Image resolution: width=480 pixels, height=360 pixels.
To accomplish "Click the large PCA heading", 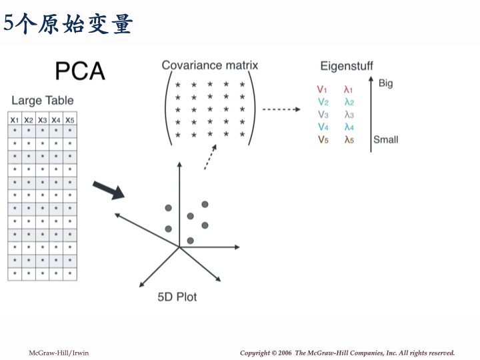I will [x=80, y=71].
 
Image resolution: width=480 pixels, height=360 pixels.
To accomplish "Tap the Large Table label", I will [x=43, y=101].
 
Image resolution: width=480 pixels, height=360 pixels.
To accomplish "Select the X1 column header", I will [x=15, y=120].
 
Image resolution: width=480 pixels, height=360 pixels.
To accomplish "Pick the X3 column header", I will [x=43, y=120].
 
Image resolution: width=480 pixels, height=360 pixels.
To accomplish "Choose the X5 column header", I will [x=70, y=120].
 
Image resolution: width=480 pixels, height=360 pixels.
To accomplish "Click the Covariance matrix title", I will [x=209, y=65].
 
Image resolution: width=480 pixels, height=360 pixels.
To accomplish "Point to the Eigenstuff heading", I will [x=347, y=66].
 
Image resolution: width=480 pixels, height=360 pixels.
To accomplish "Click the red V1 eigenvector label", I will [x=322, y=89].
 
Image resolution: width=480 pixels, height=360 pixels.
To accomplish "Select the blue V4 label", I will [x=323, y=127].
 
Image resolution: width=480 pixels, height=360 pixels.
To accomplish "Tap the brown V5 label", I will [x=323, y=139].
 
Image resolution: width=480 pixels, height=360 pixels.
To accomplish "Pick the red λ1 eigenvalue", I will [x=349, y=89].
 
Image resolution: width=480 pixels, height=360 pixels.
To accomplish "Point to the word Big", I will [x=385, y=84].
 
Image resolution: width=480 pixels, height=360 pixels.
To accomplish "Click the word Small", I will [x=385, y=139].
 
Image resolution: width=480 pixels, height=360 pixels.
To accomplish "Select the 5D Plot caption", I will [x=177, y=297].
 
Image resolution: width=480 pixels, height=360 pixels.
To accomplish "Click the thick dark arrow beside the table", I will [x=108, y=190].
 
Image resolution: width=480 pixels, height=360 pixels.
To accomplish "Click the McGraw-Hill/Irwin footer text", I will [x=59, y=353].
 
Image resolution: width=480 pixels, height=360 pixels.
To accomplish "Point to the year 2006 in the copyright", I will [x=284, y=353].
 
